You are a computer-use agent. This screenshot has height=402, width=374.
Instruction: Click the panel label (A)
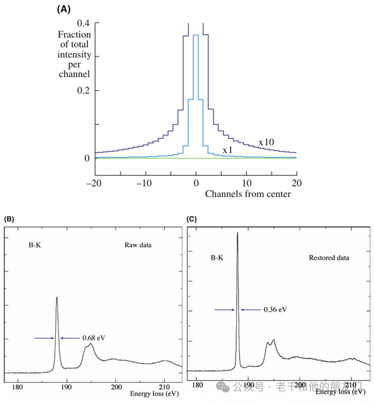point(64,9)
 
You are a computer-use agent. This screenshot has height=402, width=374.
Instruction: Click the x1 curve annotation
point(228,150)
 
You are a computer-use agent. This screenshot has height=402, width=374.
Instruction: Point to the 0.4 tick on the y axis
point(83,23)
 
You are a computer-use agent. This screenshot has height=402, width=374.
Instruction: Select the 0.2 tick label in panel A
point(83,91)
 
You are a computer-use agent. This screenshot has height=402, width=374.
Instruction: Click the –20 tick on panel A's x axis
point(95,182)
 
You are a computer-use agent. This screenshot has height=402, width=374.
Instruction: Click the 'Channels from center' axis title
point(248,194)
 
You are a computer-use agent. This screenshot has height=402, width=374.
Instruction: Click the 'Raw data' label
point(138,245)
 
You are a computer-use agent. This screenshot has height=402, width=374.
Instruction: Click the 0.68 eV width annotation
point(93,338)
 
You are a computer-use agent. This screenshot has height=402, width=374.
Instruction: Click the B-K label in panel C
point(218,258)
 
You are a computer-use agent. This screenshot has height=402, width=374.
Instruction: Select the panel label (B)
point(9,219)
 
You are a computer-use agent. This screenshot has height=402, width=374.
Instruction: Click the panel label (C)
point(191,219)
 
